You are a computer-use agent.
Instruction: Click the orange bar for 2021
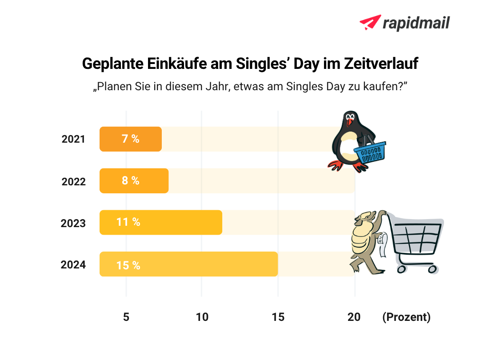130,139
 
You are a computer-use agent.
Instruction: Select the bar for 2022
134,181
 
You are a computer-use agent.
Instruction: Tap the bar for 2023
160,222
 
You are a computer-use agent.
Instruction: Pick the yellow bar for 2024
188,264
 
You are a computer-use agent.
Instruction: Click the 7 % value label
131,139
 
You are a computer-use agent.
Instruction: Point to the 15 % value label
128,265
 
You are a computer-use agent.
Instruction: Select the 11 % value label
128,222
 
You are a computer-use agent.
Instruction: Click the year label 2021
73,139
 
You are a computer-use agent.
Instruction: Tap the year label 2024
73,265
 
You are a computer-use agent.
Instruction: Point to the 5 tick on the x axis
126,317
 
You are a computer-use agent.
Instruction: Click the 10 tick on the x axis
202,317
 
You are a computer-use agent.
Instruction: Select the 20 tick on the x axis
354,317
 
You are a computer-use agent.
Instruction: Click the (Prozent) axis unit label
406,317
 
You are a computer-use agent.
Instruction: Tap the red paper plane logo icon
370,22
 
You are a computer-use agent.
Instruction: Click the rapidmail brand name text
416,23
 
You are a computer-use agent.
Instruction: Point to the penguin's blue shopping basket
370,152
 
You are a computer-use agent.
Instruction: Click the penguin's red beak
351,123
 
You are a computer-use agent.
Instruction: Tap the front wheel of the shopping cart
401,269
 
